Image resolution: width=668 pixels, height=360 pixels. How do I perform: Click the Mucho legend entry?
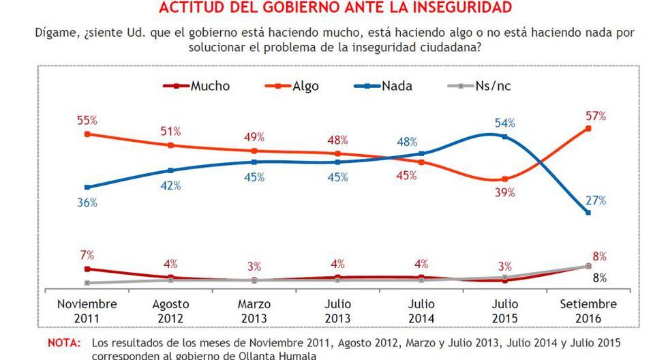tap(197, 86)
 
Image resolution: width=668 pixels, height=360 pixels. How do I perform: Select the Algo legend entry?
tap(293, 86)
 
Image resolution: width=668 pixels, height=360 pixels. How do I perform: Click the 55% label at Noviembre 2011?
tap(87, 120)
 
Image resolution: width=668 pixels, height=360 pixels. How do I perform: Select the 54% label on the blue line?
tap(505, 123)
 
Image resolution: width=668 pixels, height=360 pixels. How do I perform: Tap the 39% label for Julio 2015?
tap(505, 194)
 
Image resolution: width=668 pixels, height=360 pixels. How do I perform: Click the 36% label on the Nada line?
tap(87, 202)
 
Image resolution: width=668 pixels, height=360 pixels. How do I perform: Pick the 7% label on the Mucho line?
tap(87, 255)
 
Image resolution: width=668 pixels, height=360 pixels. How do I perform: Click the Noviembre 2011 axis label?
tap(87, 311)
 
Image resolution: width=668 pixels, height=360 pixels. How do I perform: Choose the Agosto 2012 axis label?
tap(170, 311)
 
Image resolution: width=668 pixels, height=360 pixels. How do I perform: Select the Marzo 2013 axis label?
tap(254, 311)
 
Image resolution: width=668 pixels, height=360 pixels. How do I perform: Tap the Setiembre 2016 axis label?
tap(588, 311)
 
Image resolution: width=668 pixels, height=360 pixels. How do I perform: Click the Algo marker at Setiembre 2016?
tap(588, 128)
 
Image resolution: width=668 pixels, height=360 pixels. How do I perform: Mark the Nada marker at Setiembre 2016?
tap(588, 213)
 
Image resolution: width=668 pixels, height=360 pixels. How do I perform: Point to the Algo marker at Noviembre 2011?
tap(87, 134)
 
